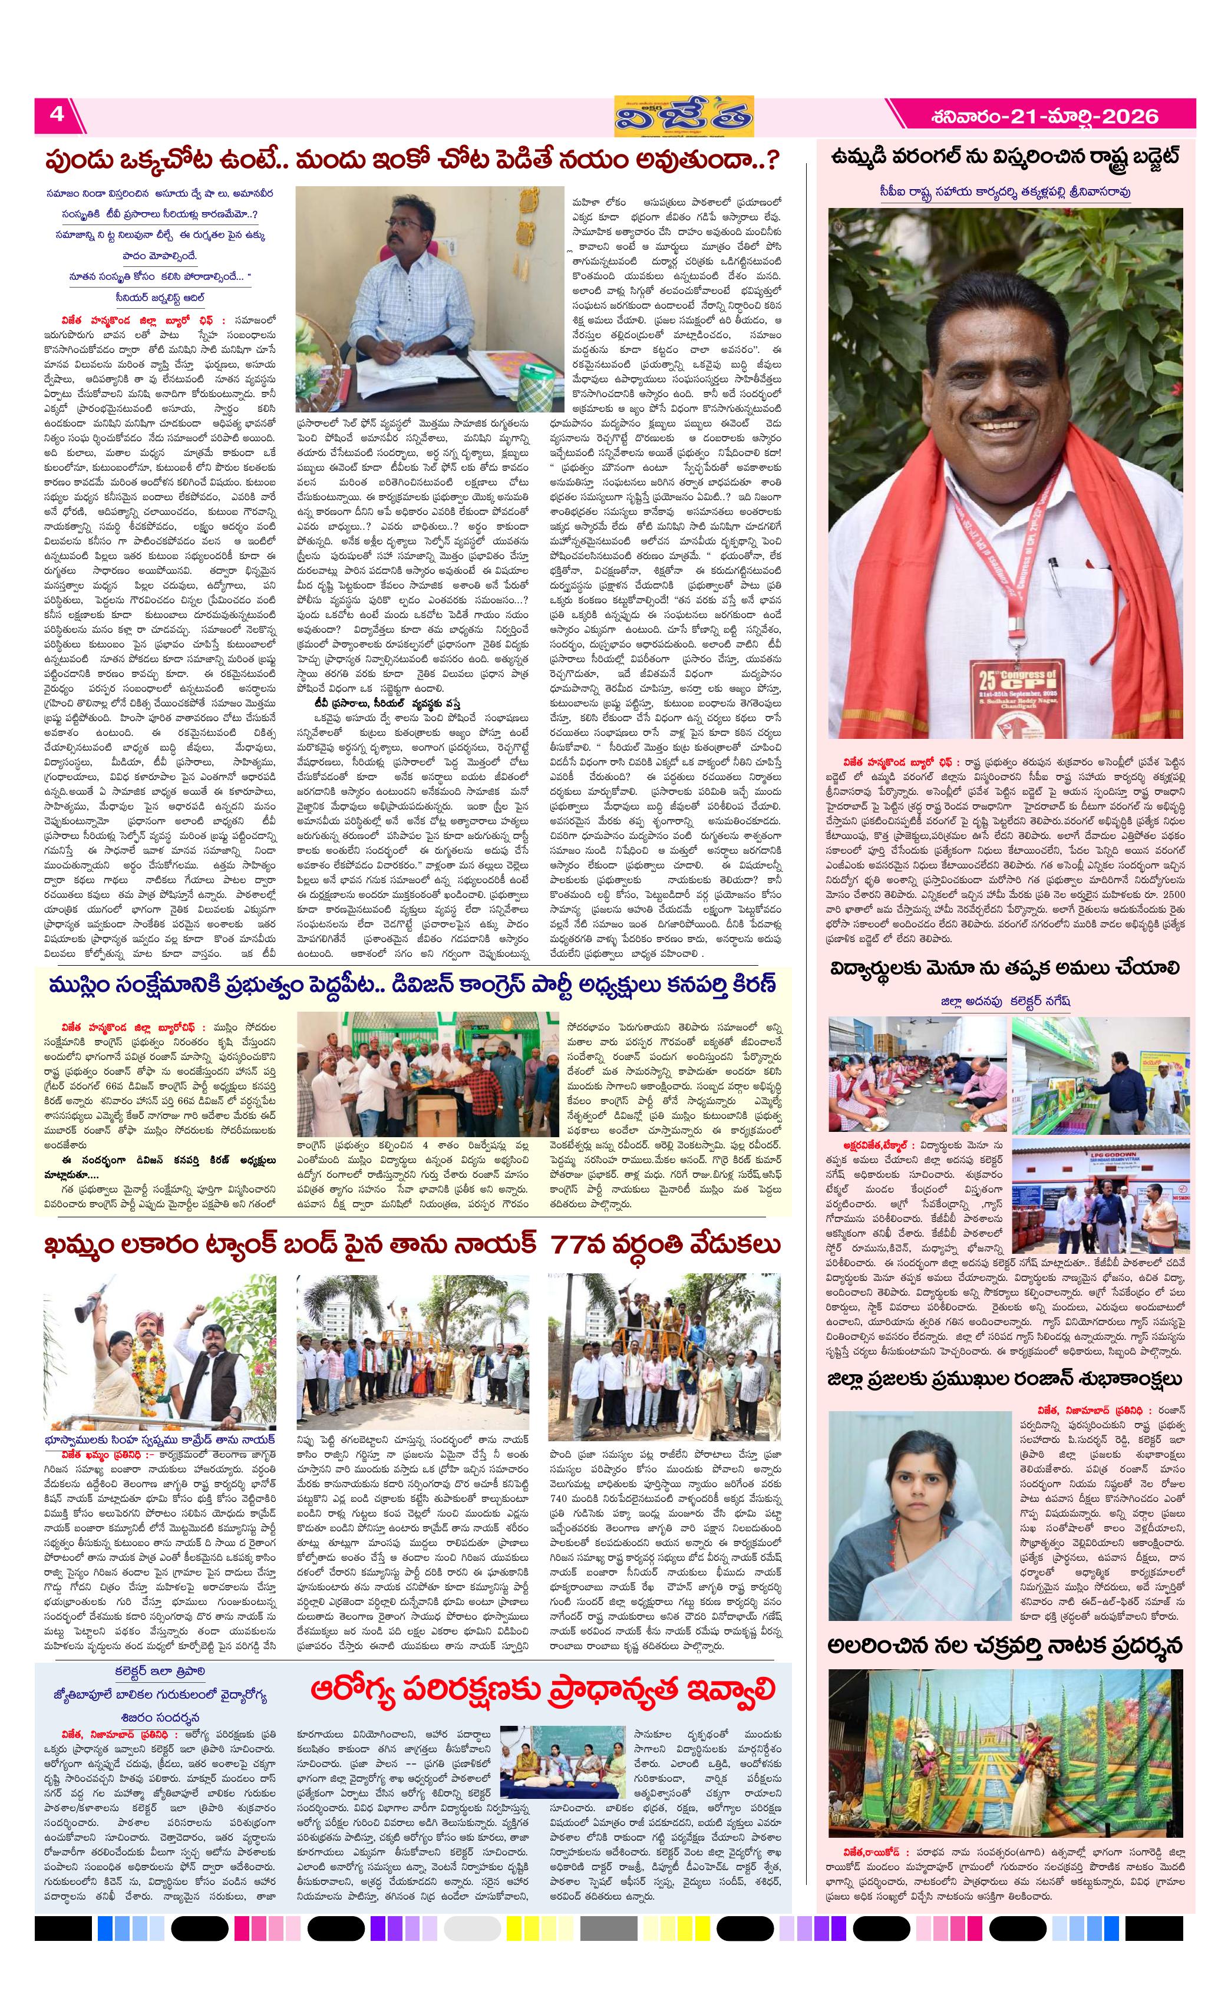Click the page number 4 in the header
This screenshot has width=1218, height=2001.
pyautogui.click(x=57, y=114)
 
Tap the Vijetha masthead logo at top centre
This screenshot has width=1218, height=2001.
pyautogui.click(x=684, y=116)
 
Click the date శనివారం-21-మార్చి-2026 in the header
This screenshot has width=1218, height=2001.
pyautogui.click(x=1044, y=116)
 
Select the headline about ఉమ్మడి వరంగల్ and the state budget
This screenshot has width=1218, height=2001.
pyautogui.click(x=1005, y=157)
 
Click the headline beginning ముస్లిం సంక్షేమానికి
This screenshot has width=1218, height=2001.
pyautogui.click(x=412, y=984)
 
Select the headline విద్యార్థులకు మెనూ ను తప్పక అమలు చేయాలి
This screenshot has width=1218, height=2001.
pyautogui.click(x=1005, y=967)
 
